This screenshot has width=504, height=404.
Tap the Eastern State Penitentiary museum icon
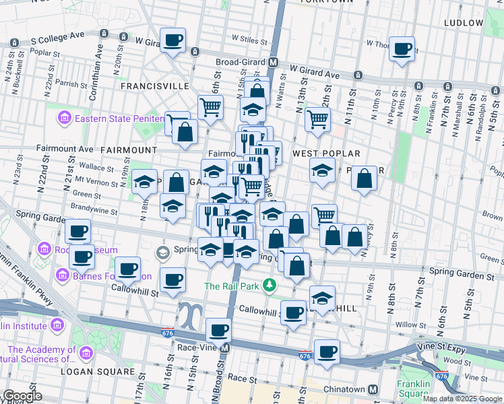[x=65, y=119]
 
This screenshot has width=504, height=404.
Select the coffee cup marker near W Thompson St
[x=402, y=48]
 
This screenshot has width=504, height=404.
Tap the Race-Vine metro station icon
[x=225, y=348]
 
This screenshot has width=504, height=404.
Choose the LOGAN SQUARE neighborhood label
[x=98, y=371]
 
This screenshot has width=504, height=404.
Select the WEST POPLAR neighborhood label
[x=326, y=154]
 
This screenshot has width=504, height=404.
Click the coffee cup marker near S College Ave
[x=172, y=40]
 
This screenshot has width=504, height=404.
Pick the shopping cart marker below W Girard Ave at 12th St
[x=317, y=120]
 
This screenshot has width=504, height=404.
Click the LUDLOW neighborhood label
[x=464, y=23]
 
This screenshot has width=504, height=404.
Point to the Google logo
[x=22, y=396]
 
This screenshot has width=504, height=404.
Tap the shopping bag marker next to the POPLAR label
[x=364, y=178]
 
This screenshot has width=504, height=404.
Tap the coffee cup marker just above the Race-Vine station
[x=218, y=330]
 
